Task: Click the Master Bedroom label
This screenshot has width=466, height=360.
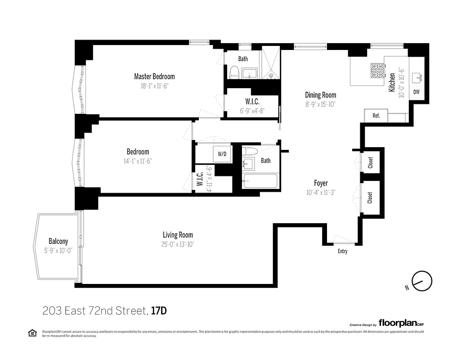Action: pos(154,76)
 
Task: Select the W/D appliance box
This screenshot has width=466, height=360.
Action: pos(222,154)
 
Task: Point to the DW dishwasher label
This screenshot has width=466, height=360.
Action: pos(417,92)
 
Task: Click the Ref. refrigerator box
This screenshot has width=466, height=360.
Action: pos(376,116)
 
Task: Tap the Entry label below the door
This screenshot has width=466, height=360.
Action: pos(342,251)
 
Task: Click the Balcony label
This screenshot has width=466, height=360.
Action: pos(58,241)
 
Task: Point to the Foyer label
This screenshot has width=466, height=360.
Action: pos(321,183)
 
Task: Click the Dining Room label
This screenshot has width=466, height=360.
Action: pos(320,95)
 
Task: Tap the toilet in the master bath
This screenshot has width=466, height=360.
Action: pos(234,72)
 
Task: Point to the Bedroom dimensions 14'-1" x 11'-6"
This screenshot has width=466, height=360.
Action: pos(138,161)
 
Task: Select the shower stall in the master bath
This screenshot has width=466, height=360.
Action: pos(271,65)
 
